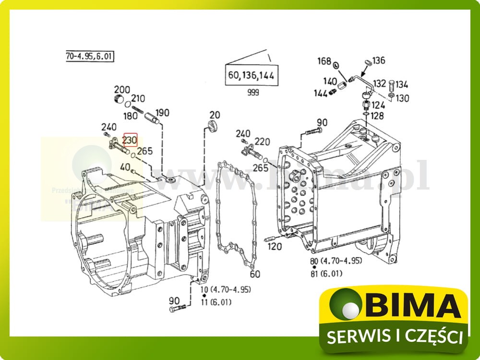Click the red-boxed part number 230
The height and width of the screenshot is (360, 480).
(130, 140)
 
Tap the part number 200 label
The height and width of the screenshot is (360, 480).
(122, 89)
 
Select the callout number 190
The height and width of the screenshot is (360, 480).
(162, 113)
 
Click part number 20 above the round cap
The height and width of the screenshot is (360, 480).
(214, 115)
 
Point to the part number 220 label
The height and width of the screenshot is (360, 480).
(262, 142)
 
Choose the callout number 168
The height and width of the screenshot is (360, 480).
(324, 61)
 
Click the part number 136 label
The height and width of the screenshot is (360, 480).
(379, 60)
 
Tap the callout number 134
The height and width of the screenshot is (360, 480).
(402, 85)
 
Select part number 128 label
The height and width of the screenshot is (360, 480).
(377, 116)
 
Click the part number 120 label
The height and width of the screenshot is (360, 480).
(275, 247)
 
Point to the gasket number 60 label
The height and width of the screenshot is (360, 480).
(255, 274)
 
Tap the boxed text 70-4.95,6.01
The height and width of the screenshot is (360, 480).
(89, 56)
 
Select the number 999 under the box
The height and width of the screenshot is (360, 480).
(252, 93)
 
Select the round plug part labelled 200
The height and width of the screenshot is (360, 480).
(120, 100)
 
